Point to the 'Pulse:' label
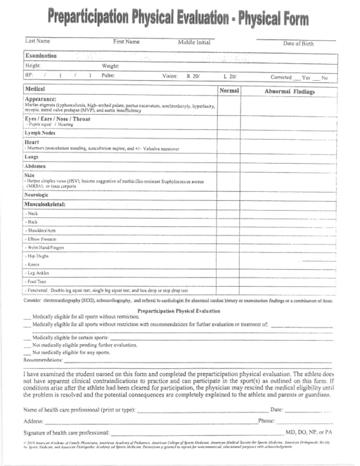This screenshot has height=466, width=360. [108, 75]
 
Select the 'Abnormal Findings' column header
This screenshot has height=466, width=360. [289, 91]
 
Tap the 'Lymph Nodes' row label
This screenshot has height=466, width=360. [41, 132]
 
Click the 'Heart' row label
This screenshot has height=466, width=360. [32, 142]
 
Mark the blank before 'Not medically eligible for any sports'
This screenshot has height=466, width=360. [27, 352]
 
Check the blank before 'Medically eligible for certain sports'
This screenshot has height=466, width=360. [27, 337]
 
